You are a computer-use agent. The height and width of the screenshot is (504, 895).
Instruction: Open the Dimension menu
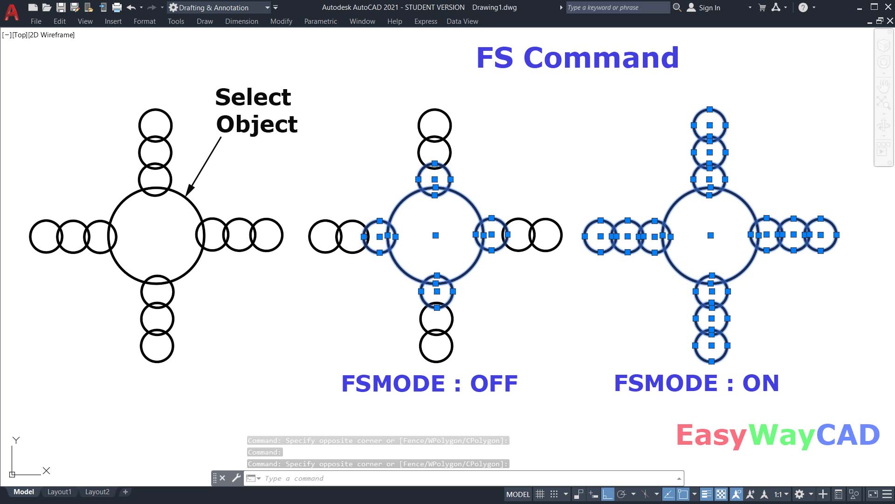[x=241, y=21]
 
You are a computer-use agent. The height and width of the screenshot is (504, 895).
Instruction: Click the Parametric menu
[x=320, y=21]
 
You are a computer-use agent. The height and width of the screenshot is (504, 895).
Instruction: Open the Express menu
[x=426, y=21]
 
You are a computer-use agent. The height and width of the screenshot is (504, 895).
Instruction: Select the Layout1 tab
[x=59, y=492]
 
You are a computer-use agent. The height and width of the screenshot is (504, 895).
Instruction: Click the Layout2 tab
[x=97, y=492]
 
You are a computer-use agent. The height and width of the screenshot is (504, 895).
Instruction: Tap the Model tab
[x=23, y=492]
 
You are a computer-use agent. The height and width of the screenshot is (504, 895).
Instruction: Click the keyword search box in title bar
[x=617, y=7]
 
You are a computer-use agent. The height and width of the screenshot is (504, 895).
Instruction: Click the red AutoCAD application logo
[x=12, y=12]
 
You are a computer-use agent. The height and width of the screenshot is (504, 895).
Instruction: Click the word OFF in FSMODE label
[x=494, y=384]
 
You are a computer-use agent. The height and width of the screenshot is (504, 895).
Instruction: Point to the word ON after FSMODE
[x=760, y=383]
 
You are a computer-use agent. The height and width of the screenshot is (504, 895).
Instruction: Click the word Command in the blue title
[x=601, y=58]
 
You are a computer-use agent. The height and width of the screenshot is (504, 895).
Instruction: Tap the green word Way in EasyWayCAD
[x=782, y=435]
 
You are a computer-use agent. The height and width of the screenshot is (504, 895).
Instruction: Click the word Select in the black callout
[x=253, y=97]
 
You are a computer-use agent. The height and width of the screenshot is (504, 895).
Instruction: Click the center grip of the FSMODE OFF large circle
[x=435, y=236]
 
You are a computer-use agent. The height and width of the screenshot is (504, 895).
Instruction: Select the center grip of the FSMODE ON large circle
[x=710, y=236]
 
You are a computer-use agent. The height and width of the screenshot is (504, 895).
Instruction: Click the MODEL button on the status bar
[x=518, y=494]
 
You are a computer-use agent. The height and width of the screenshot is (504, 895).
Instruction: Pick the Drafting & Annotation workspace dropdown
[x=219, y=7]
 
